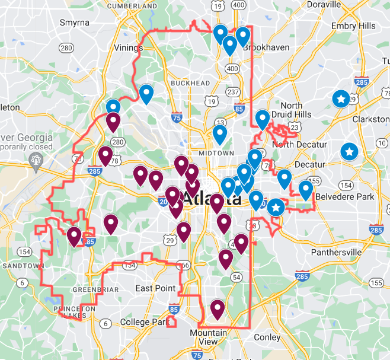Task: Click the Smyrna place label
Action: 75,23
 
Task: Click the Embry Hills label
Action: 353,26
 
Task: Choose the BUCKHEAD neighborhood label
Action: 190,83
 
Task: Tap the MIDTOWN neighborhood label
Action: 216,153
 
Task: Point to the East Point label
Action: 155,288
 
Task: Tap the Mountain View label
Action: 208,337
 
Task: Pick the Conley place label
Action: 267,337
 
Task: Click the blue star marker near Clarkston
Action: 340,98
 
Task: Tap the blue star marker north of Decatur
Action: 349,152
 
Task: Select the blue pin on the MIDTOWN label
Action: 220,135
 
